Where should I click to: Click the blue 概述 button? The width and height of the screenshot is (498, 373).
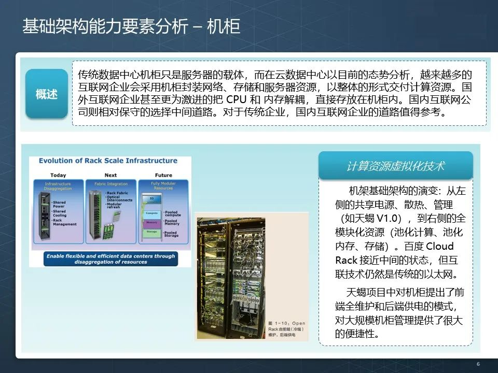click(x=47, y=94)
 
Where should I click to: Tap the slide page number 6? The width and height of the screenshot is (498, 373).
click(x=478, y=364)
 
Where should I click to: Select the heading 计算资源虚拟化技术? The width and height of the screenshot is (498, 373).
click(x=395, y=166)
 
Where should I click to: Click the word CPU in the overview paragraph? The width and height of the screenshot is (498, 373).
click(x=238, y=99)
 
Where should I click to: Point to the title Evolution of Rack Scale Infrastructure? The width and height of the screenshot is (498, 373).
click(x=108, y=161)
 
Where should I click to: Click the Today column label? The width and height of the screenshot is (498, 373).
click(x=59, y=175)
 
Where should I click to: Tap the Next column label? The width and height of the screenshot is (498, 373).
click(x=110, y=175)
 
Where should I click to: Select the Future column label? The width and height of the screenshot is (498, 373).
click(x=163, y=175)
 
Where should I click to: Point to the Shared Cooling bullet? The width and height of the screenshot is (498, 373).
click(x=60, y=213)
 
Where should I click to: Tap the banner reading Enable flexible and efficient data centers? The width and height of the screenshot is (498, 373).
click(x=110, y=259)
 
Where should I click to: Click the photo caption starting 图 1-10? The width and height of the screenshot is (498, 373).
click(x=287, y=328)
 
